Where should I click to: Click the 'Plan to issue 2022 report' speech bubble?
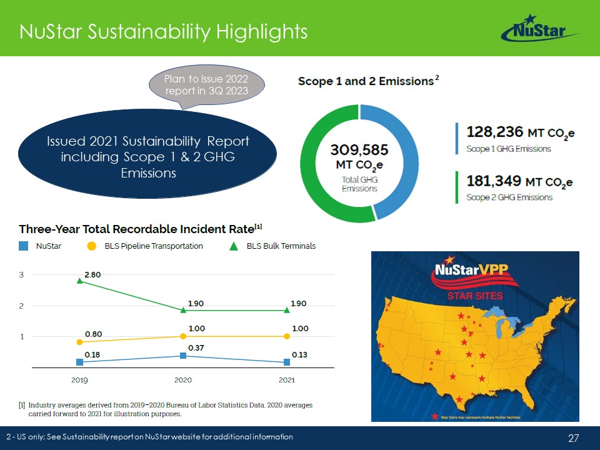(x=207, y=86)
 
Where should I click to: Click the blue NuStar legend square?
(x=24, y=246)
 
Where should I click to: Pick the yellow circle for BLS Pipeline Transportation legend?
(x=91, y=246)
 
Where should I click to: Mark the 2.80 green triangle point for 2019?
(x=79, y=281)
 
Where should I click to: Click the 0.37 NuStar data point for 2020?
(x=183, y=356)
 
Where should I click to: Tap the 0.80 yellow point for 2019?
(x=79, y=342)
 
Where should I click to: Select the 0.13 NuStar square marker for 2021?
(x=286, y=361)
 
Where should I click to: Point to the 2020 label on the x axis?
(x=183, y=380)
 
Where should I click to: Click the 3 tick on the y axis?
(x=21, y=274)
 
